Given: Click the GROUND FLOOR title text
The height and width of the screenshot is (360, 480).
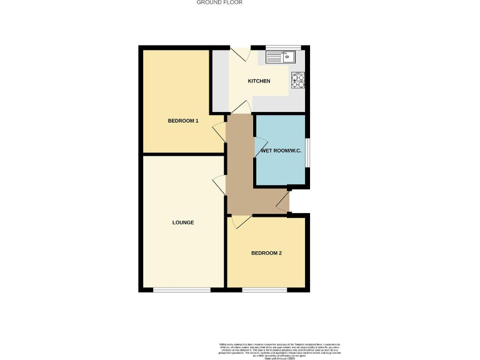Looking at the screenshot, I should tap(219, 2).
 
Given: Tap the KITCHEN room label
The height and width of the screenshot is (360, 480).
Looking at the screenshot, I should tap(259, 81).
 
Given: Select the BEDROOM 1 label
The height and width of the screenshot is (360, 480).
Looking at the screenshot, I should tap(183, 121).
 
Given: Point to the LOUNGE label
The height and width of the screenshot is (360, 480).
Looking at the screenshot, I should tap(183, 222).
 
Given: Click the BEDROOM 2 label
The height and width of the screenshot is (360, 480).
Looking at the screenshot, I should tap(266, 253).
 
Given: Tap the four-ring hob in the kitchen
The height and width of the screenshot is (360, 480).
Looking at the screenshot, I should tap(298, 79).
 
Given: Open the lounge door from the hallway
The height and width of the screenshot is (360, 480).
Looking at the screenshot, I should tap(219, 185).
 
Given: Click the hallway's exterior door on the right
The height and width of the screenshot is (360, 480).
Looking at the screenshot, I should tap(284, 201).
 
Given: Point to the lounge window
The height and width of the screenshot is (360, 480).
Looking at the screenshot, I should tap(182, 289).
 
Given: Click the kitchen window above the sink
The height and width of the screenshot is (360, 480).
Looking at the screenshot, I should tap(284, 47).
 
